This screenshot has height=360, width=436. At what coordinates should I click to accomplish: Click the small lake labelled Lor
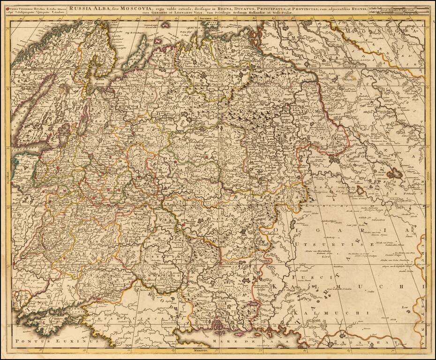point(408,310)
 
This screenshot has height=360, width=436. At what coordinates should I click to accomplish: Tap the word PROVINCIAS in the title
point(320,7)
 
